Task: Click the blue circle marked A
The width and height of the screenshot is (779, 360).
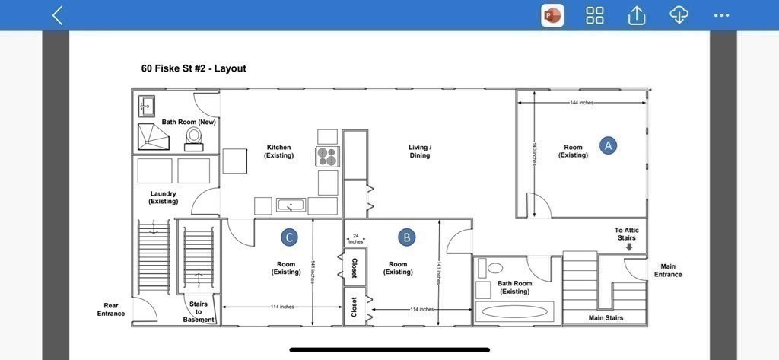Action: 608,145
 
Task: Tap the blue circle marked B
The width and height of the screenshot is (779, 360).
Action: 407,237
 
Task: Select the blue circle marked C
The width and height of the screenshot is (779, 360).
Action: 289,237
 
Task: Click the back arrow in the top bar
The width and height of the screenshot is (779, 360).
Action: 58,15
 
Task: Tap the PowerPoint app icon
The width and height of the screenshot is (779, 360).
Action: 552,15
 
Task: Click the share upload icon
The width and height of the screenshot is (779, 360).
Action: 637,15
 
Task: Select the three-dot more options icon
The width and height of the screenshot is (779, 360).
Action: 721,15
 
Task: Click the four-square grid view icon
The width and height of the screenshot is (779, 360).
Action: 595,15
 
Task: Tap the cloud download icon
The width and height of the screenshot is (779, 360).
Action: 679,15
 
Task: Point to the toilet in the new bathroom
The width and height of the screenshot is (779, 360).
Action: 194,139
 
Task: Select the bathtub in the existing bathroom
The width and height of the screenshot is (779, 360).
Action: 514,312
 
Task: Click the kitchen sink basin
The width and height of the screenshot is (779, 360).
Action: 291,205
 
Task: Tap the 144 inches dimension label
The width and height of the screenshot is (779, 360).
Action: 581,103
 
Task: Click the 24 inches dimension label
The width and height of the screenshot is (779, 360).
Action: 356,239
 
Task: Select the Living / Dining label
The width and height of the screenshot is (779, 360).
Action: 420,151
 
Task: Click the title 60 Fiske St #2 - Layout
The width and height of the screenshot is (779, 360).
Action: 194,68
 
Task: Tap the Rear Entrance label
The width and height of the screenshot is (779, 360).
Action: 111,309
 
